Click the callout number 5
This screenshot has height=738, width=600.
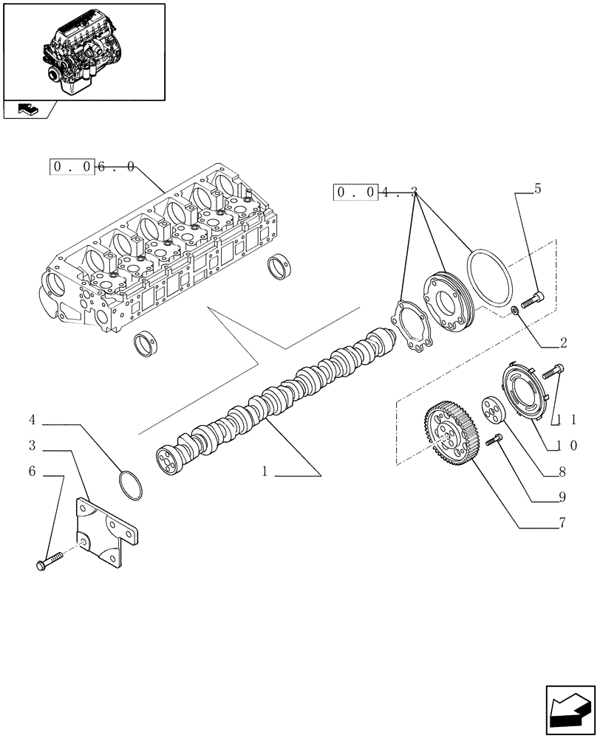[537, 189]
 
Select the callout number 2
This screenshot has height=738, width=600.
[563, 342]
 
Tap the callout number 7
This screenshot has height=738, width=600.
[562, 524]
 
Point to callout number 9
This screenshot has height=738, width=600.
[562, 497]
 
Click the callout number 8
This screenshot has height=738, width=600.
[562, 472]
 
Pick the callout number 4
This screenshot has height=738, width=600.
[33, 420]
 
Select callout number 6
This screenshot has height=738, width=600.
[33, 470]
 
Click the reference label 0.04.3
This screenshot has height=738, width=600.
[377, 193]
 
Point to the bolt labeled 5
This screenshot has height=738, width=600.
[531, 300]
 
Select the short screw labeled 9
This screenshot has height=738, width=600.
[494, 441]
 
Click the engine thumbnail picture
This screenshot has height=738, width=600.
[83, 51]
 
